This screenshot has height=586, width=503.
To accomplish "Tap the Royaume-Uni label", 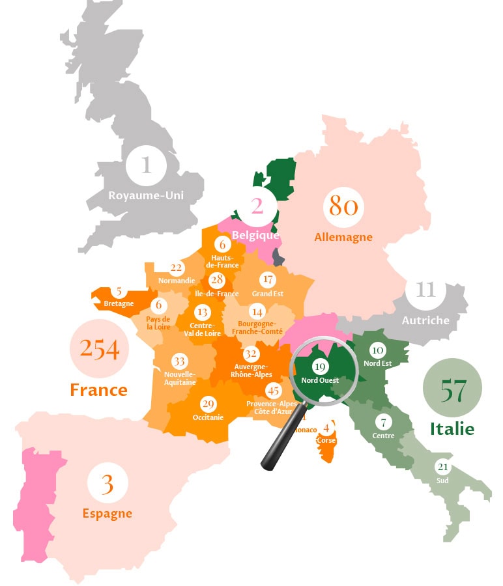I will pos(146,195).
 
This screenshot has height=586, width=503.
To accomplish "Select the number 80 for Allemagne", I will pos(343,206).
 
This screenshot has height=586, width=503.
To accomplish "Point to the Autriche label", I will pos(425,320).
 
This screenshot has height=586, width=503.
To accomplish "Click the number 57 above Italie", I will pos(452,391).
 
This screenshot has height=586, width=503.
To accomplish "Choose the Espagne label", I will pos(107,513).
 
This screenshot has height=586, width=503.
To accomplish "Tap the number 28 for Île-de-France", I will pos(217,281).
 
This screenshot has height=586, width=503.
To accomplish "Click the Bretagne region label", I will pos(119,303).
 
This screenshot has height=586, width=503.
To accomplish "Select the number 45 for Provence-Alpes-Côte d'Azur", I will pos(274,391).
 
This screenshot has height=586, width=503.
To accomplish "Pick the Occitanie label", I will pos(208,417).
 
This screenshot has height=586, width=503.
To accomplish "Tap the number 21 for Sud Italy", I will pos(443,467).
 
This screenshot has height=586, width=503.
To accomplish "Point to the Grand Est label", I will pos(268,294).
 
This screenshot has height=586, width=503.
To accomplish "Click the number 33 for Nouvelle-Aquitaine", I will pos(179,361).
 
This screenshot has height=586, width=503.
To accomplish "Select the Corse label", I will pos(326,440).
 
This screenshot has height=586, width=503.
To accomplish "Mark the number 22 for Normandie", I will pos(176,267).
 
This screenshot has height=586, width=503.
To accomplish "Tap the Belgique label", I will pos(255,235).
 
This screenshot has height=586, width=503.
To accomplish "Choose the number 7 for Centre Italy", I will pos(384,422).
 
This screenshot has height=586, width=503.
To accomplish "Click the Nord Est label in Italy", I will pos(377,363).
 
